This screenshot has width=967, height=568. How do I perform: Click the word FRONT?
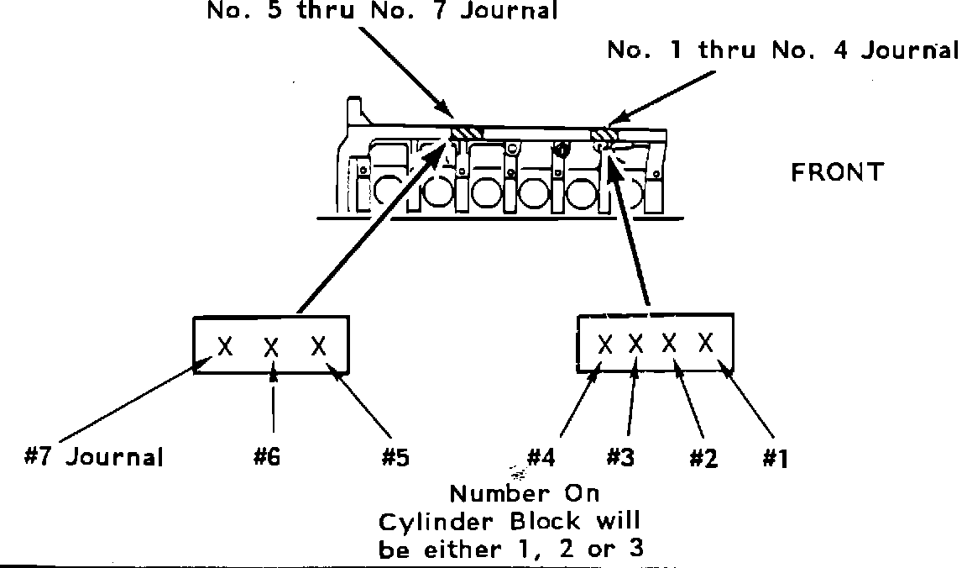[x=837, y=172]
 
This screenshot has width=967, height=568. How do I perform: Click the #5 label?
[x=396, y=458]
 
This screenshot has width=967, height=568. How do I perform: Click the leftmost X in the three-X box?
[x=225, y=345]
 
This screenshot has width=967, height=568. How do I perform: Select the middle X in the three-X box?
[x=271, y=347]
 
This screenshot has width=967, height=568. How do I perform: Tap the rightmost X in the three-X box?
[x=318, y=345]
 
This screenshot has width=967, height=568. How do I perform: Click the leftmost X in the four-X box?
[x=605, y=344]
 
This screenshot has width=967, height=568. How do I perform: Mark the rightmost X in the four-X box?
[x=706, y=342]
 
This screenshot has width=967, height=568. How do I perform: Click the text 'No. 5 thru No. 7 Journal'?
[x=382, y=11]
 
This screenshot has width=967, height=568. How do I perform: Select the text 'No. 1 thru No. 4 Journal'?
[x=782, y=50]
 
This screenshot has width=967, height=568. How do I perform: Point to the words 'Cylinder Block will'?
[x=510, y=522]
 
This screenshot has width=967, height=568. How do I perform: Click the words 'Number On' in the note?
[x=525, y=492]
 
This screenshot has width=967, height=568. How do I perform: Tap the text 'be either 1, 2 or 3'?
[x=513, y=550]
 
